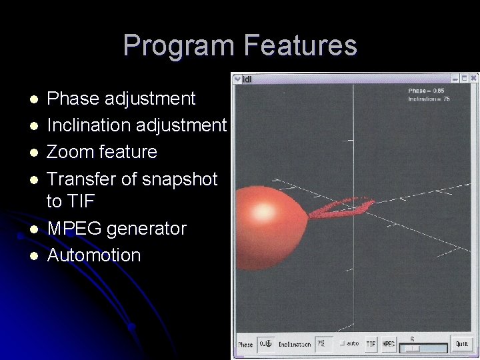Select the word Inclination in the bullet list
coord(89,125)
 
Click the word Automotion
coord(94,255)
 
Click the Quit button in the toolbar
coord(461,344)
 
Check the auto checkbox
coord(342,343)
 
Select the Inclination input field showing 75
coord(323,344)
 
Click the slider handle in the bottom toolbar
coord(413,348)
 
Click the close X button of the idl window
coord(473,79)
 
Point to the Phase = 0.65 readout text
coord(427,91)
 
